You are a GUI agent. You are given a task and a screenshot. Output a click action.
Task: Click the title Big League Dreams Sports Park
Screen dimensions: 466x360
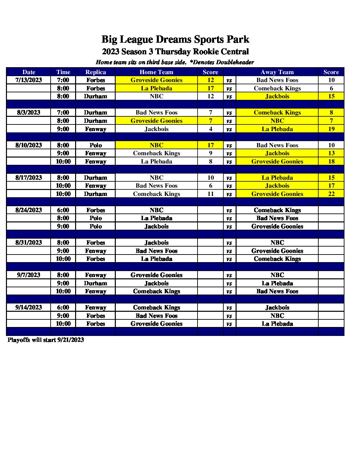(x=175, y=39)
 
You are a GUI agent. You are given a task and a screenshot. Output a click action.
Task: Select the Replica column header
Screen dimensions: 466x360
(x=96, y=72)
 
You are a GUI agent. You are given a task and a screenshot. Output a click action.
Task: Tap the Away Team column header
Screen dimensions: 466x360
(x=277, y=72)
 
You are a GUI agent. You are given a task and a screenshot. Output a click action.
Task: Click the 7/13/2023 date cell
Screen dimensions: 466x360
(x=29, y=80)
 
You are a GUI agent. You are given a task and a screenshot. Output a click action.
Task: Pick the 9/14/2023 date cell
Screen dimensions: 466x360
(x=29, y=307)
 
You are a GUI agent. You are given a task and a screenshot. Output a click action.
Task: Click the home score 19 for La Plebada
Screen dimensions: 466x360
(x=331, y=129)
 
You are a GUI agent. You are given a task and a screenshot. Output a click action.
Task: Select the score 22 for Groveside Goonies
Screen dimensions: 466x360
(x=331, y=194)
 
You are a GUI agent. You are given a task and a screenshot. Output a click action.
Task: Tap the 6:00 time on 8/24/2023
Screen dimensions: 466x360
(x=63, y=210)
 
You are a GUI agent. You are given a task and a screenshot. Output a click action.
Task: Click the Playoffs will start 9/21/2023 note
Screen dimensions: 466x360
(x=46, y=340)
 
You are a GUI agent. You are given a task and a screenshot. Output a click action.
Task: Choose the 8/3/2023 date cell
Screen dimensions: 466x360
(x=29, y=113)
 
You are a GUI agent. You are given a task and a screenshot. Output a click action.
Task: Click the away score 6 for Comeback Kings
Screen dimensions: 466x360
(x=331, y=88)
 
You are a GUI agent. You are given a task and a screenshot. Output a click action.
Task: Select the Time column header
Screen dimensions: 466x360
(x=63, y=72)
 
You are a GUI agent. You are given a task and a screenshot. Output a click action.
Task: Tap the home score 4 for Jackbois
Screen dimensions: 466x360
(x=210, y=129)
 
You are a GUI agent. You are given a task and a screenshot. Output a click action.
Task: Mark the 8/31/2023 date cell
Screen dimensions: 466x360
(x=29, y=243)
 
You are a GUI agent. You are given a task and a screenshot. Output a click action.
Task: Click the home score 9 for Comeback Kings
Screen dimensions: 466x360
(x=210, y=153)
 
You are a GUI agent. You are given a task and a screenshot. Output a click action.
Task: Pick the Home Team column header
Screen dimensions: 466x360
(x=157, y=72)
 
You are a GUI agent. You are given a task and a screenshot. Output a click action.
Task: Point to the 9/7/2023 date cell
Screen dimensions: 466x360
(x=29, y=275)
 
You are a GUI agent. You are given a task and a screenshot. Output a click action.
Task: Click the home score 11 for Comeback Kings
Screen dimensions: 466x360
(x=210, y=194)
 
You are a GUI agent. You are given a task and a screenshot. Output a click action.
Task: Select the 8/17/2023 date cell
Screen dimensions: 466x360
(x=29, y=178)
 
